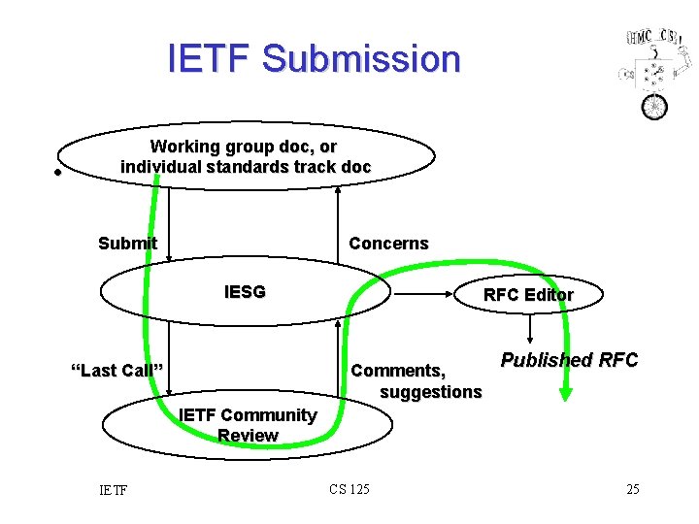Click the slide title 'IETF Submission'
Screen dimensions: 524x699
(314, 58)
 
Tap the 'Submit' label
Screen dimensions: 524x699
(127, 243)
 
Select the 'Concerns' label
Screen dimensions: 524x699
(388, 243)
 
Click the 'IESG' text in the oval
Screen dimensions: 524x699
(245, 291)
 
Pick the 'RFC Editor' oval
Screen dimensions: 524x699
(528, 295)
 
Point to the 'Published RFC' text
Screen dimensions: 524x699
(569, 360)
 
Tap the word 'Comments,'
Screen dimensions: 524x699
(398, 370)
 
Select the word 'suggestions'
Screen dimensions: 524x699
(430, 392)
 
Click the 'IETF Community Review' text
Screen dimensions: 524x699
(248, 425)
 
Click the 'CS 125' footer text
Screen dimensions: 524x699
(349, 489)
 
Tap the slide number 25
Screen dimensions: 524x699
(632, 489)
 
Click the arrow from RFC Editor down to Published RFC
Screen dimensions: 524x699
(528, 333)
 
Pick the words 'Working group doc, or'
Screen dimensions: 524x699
(244, 147)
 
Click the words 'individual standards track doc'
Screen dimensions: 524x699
(245, 166)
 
